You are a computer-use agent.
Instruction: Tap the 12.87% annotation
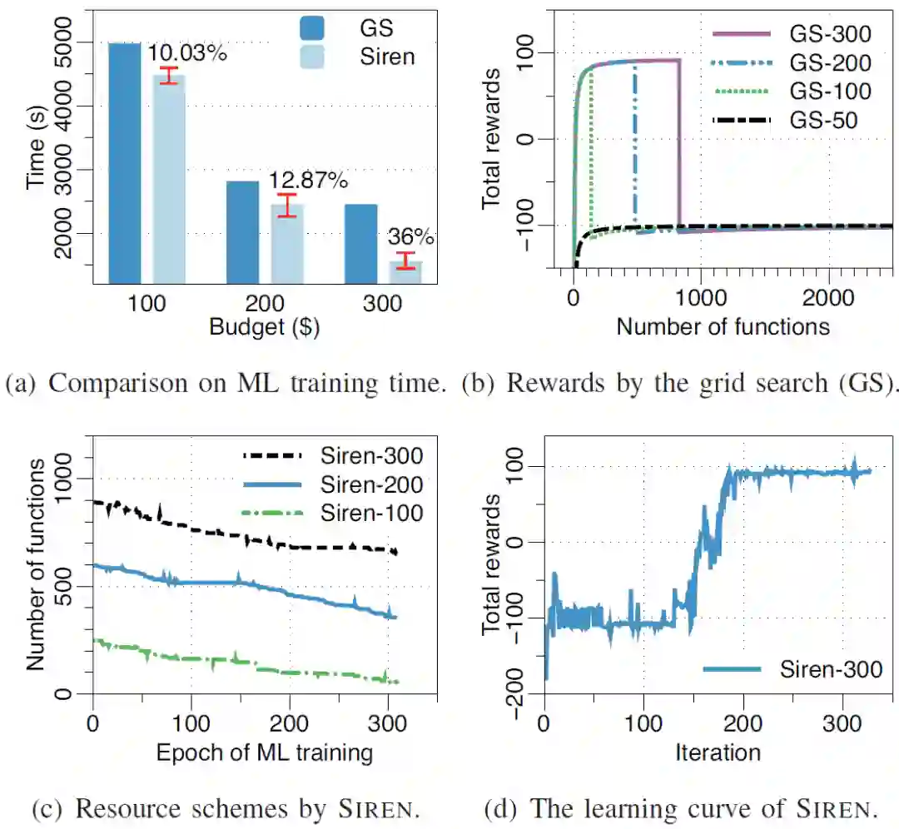coord(306,181)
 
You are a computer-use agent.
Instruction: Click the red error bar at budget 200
coord(287,205)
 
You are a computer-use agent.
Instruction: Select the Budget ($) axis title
coord(265,327)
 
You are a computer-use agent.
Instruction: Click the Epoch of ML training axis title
coord(264,753)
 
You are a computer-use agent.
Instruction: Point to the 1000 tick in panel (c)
coord(74,479)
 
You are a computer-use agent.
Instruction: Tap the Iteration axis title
coord(718,753)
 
